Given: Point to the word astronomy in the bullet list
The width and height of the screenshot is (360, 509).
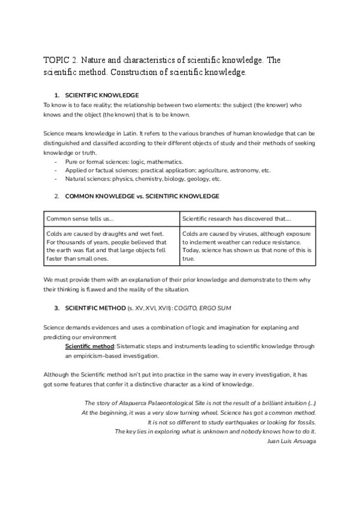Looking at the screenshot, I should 239,170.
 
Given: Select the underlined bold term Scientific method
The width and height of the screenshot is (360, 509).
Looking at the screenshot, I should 89,346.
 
